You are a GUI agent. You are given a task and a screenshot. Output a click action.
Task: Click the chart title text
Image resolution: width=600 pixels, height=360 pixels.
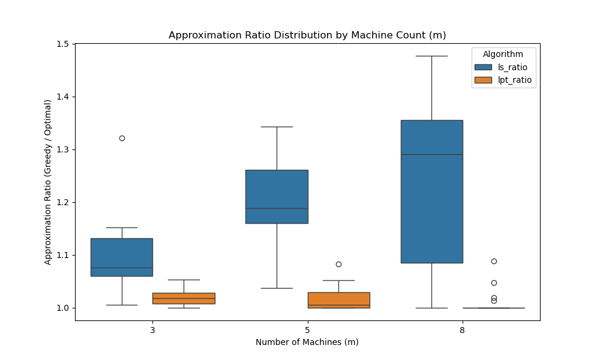pyautogui.click(x=307, y=35)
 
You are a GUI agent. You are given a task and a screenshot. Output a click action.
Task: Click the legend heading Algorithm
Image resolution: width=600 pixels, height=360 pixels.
pyautogui.click(x=503, y=55)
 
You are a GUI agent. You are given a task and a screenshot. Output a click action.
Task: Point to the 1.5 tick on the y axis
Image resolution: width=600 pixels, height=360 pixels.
pyautogui.click(x=62, y=44)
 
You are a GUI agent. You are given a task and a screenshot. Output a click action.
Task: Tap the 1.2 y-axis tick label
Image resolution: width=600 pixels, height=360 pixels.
pyautogui.click(x=62, y=202)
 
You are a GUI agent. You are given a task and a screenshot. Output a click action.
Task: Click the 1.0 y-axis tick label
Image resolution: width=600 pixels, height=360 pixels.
pyautogui.click(x=62, y=308)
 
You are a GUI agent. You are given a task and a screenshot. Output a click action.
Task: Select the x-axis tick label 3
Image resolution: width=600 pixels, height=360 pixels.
pyautogui.click(x=152, y=330)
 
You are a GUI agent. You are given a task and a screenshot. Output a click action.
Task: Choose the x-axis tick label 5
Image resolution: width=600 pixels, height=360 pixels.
pyautogui.click(x=307, y=330)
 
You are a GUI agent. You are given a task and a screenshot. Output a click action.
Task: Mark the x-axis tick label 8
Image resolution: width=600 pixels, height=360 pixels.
pyautogui.click(x=463, y=330)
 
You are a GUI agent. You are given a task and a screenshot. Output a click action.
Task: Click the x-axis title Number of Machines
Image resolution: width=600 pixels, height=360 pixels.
pyautogui.click(x=307, y=342)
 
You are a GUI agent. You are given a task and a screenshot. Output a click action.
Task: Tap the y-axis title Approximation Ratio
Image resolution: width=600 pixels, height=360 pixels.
pyautogui.click(x=48, y=182)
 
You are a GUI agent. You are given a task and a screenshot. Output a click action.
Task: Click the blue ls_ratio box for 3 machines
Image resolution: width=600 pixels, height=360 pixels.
pyautogui.click(x=122, y=257)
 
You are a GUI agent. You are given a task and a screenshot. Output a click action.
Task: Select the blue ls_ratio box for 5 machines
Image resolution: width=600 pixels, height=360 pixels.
pyautogui.click(x=277, y=196)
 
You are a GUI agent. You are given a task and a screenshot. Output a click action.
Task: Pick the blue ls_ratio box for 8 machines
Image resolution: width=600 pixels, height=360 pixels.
pyautogui.click(x=432, y=191)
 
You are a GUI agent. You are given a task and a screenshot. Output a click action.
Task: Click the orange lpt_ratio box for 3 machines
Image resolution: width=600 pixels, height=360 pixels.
pyautogui.click(x=184, y=298)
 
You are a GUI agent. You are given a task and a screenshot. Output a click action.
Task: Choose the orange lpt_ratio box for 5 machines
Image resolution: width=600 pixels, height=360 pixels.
pyautogui.click(x=338, y=300)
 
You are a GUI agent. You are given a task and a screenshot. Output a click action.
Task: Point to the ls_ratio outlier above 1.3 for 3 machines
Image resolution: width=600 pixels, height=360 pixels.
pyautogui.click(x=122, y=138)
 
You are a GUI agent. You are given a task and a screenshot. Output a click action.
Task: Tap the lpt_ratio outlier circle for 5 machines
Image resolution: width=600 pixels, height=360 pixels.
pyautogui.click(x=338, y=264)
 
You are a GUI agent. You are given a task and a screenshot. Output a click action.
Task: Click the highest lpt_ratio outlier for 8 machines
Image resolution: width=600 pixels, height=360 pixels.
pyautogui.click(x=494, y=261)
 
